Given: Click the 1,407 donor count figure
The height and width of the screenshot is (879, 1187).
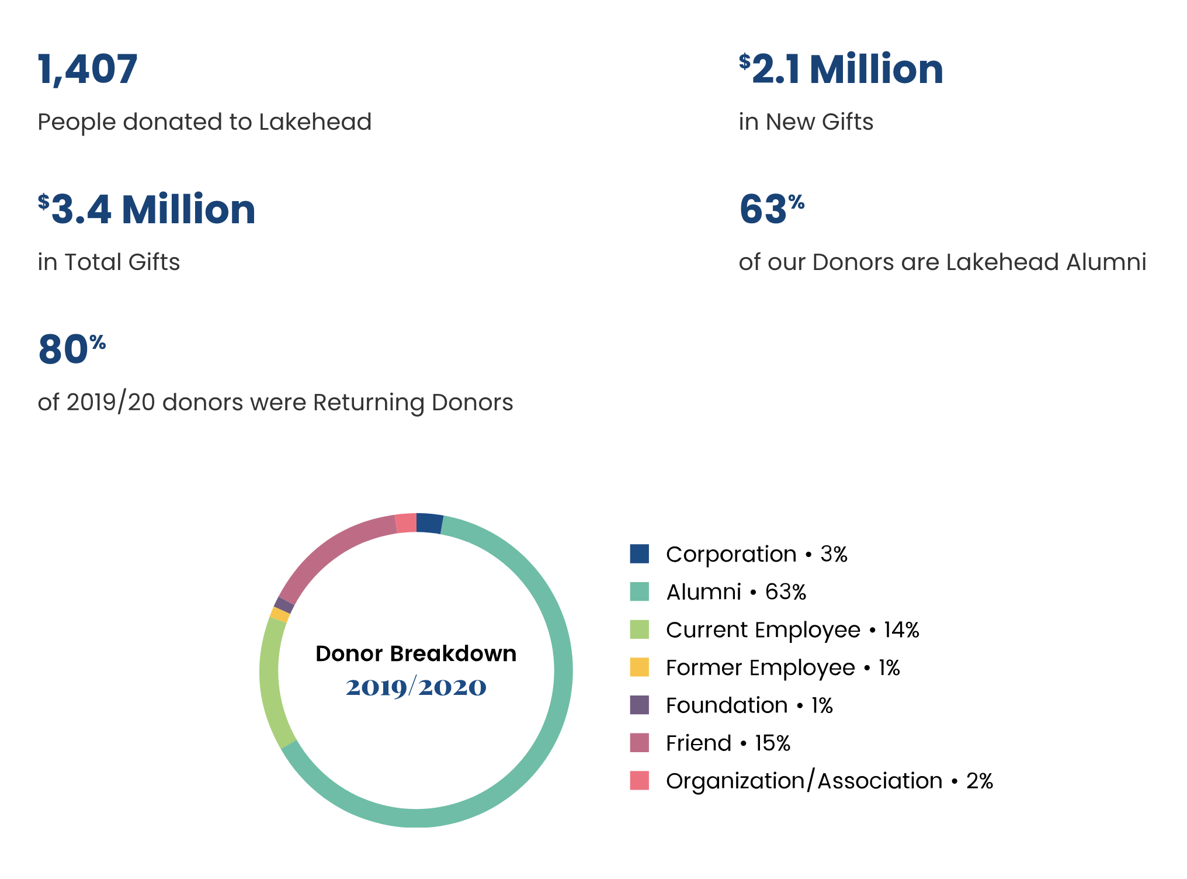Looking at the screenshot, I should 88,69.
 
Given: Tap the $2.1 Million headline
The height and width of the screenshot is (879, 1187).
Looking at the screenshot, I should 841,69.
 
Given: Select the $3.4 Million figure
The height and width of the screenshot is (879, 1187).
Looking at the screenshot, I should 147,209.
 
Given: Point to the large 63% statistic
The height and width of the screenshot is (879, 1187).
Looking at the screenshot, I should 771,209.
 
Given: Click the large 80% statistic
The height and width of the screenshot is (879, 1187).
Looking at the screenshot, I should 71,349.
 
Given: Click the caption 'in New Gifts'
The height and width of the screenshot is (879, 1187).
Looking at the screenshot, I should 806,122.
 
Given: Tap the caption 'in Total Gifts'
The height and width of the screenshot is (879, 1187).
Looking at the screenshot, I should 109,262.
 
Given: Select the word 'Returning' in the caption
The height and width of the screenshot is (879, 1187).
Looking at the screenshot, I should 369,402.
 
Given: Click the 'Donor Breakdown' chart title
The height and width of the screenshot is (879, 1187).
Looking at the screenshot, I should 416,653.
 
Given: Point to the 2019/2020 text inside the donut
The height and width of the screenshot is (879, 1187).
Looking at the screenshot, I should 416,687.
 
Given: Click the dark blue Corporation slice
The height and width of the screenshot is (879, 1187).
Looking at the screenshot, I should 429,524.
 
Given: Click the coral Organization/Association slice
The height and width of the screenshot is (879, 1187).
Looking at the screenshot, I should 406,523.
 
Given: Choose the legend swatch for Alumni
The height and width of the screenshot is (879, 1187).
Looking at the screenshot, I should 639,591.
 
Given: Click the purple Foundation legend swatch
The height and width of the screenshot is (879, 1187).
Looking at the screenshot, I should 639,705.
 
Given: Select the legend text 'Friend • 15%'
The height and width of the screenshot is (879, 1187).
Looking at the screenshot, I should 728,743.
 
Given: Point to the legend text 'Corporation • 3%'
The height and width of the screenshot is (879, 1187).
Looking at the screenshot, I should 756,554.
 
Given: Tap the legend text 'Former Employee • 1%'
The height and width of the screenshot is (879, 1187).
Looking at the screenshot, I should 783,667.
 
